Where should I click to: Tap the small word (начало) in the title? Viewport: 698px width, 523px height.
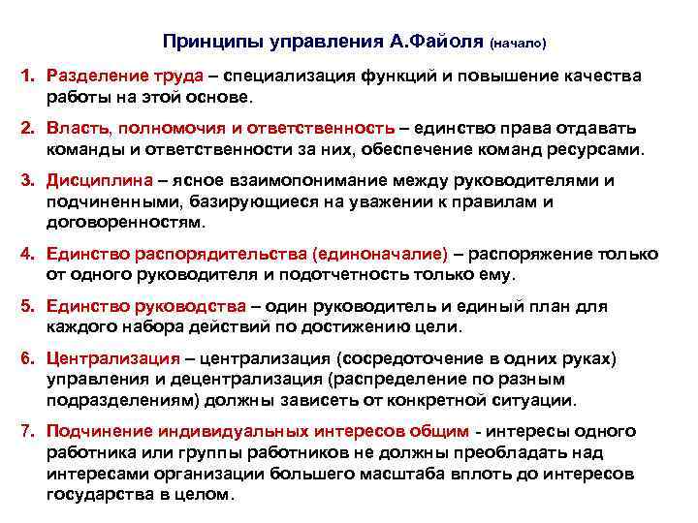(x=519, y=44)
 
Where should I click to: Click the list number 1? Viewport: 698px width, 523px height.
(x=29, y=77)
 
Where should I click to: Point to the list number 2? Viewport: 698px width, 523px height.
(x=29, y=129)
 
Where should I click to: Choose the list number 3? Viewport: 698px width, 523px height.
(x=29, y=181)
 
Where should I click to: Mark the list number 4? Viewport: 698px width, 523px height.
(x=29, y=254)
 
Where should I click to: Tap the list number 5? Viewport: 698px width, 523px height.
(x=29, y=306)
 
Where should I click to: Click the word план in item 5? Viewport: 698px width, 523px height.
(x=551, y=306)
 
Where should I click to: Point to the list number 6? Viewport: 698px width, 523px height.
(x=29, y=358)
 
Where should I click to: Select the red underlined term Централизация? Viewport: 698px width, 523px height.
(x=114, y=358)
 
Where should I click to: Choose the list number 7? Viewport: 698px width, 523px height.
(x=29, y=431)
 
